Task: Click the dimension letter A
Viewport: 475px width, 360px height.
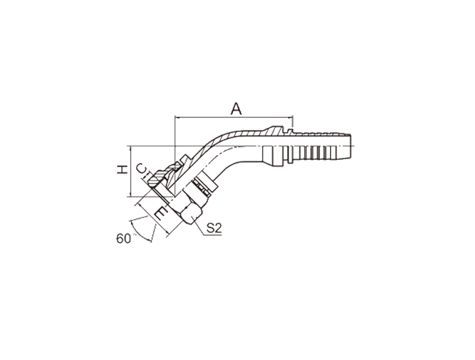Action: point(236,109)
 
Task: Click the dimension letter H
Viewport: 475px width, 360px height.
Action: point(122,169)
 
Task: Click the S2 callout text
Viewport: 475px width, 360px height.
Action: point(214,228)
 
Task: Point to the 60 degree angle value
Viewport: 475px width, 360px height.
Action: point(123,238)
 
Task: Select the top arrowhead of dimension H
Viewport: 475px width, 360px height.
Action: point(130,149)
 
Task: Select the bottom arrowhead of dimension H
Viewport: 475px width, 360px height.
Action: point(130,194)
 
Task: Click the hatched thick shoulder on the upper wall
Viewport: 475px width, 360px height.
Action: point(274,131)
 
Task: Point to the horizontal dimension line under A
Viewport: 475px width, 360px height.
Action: point(234,117)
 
